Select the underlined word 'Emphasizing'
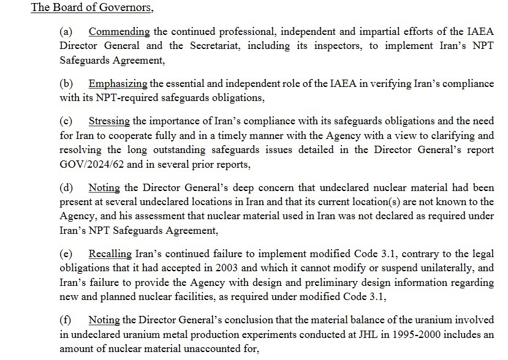pos(118,84)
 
